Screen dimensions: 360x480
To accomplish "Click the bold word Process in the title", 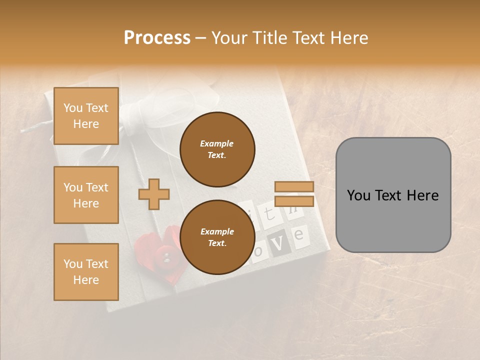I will click(157, 37).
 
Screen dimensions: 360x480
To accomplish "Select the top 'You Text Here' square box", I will click(86, 116).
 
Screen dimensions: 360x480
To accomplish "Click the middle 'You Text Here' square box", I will click(86, 195).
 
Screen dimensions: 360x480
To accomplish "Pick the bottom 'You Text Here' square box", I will click(86, 272).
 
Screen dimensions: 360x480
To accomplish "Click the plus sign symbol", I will click(154, 194).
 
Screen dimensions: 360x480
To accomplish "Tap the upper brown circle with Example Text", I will click(217, 149).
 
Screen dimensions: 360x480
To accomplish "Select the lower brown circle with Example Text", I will click(217, 237).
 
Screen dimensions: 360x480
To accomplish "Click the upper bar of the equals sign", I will click(294, 186).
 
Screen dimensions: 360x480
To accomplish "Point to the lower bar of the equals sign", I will click(294, 201).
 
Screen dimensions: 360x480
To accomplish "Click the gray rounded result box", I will click(393, 195).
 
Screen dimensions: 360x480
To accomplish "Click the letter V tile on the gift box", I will click(279, 243).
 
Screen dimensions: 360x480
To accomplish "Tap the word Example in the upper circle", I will click(216, 143).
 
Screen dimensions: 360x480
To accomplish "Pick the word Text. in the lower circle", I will click(216, 243).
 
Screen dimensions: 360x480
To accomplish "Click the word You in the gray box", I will click(359, 195).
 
